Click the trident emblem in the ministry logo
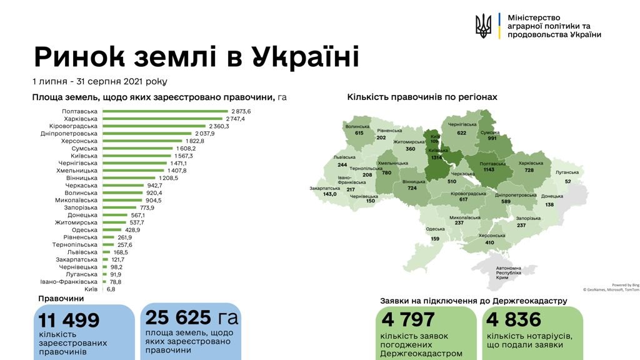point(483,26)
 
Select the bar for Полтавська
point(165,111)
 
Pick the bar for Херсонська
point(143,141)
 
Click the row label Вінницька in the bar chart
point(81,178)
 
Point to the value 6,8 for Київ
point(110,289)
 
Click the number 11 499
point(69,321)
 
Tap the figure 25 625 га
point(191,317)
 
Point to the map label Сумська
point(489,133)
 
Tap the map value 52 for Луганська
point(567,181)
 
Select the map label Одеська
point(435,229)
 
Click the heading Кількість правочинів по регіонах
point(422,97)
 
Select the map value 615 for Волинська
point(359,133)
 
